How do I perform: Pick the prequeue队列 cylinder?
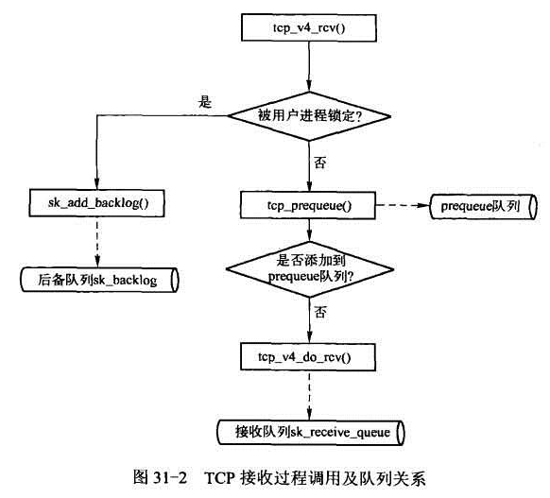[483, 203]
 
